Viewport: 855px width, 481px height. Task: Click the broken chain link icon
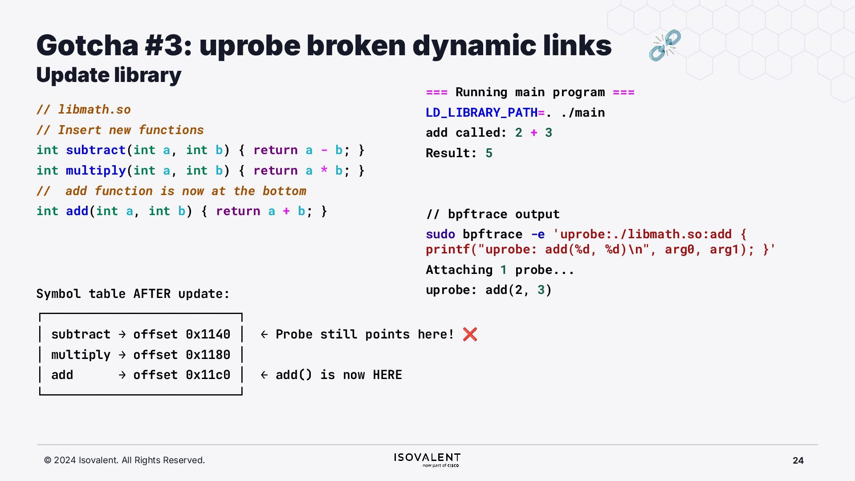coord(665,45)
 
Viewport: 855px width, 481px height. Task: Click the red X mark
coord(470,334)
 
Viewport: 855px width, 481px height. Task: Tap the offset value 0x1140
coord(208,334)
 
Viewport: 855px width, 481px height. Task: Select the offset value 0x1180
coord(208,355)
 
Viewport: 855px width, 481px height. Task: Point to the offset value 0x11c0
coord(208,375)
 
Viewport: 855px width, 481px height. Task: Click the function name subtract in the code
coord(96,150)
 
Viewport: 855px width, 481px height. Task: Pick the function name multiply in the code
coord(96,171)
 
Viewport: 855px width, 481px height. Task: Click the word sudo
coord(440,234)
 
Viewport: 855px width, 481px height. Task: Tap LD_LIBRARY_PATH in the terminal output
coord(481,113)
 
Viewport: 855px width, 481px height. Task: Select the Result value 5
coord(489,153)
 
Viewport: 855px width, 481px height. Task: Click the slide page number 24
coord(798,461)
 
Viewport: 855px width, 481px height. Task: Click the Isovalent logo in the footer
coord(427,460)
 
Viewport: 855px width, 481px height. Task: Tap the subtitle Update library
coord(109,75)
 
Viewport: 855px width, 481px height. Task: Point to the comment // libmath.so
coord(84,110)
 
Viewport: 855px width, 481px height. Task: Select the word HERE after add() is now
coord(387,375)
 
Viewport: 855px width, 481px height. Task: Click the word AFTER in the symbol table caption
coord(152,294)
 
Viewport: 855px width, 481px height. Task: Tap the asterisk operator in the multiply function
coord(324,171)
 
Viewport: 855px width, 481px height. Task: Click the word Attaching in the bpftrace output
coord(459,270)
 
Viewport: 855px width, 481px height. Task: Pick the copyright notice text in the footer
coord(124,460)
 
